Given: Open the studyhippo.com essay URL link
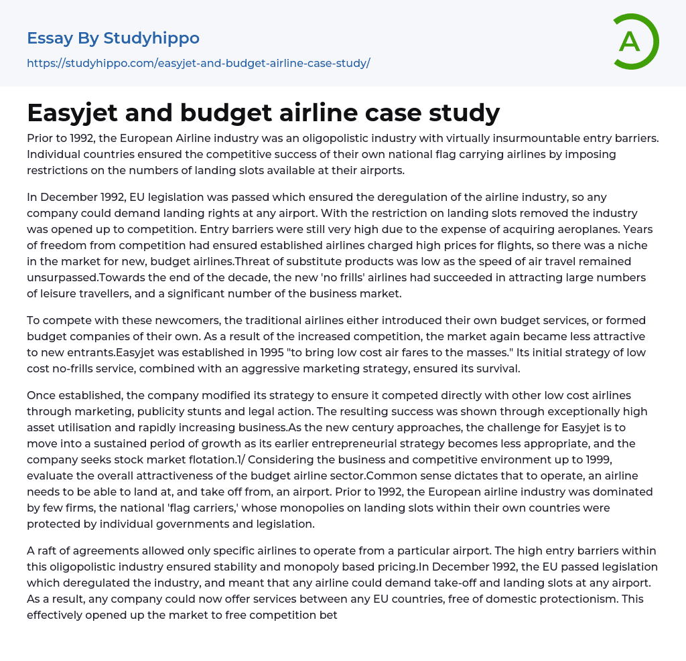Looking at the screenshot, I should pyautogui.click(x=198, y=63).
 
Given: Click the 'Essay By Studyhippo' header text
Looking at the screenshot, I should pyautogui.click(x=113, y=38).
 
